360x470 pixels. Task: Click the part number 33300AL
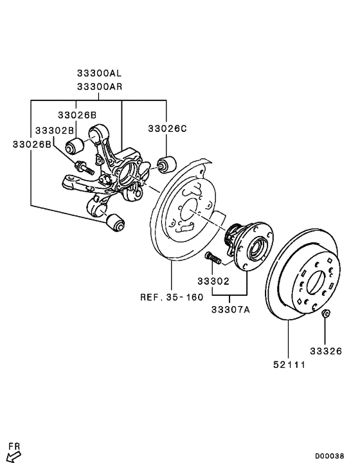(100, 75)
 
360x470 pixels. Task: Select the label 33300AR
(100, 86)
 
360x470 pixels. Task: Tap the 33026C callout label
(167, 129)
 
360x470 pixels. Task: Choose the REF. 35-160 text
(172, 297)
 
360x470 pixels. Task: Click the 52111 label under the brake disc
(288, 365)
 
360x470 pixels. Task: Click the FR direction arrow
(13, 454)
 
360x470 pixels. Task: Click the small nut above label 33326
(326, 314)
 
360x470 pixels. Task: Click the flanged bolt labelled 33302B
(85, 170)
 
